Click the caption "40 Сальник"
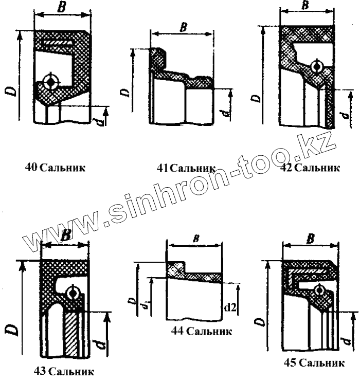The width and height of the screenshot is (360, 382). click(x=55, y=167)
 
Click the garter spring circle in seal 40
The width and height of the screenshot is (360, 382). click(x=51, y=81)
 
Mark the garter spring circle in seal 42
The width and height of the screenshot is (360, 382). click(x=316, y=67)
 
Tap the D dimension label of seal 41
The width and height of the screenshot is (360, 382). click(x=124, y=92)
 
